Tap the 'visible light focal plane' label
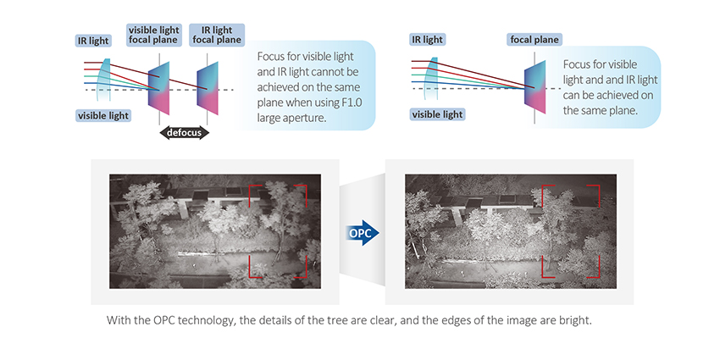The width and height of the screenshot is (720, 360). click(x=153, y=35)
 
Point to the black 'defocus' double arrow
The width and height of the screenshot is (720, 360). click(x=184, y=133)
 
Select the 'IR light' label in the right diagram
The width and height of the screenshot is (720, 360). click(x=428, y=39)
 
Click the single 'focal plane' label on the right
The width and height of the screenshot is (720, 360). click(x=534, y=39)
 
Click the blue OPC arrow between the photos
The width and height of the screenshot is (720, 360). click(x=363, y=231)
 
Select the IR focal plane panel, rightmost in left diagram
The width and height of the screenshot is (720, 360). click(x=209, y=89)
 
